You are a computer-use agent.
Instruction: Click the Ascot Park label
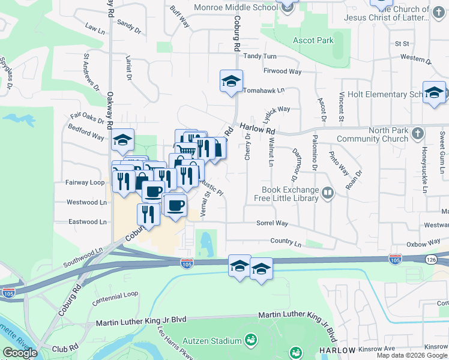click(313, 41)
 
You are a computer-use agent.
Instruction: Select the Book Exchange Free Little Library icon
click(328, 193)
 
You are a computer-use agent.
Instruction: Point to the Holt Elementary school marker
click(434, 92)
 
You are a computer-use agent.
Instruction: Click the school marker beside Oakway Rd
click(122, 142)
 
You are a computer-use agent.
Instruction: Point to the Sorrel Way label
click(273, 223)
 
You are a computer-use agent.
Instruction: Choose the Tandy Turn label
click(260, 56)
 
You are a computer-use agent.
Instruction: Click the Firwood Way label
click(282, 71)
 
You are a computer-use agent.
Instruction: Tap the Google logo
click(20, 353)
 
